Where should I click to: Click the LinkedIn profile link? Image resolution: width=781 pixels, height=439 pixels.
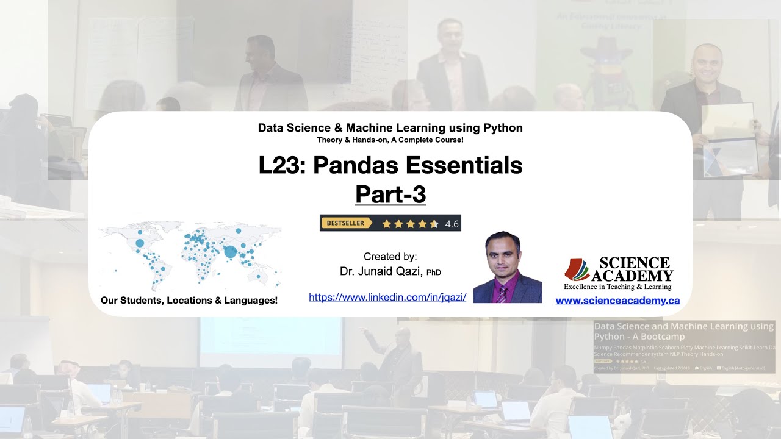pos(387,298)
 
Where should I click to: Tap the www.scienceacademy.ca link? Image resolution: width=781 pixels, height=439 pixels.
pos(617,301)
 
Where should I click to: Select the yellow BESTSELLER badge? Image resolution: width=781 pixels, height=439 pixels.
pos(345,223)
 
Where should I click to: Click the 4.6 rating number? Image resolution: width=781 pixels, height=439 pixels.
pos(452,224)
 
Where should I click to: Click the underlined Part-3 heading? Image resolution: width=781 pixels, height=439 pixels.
pos(390,195)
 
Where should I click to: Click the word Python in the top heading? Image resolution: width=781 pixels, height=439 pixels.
pos(500,128)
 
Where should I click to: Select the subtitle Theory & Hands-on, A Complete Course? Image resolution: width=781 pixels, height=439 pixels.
pos(390,140)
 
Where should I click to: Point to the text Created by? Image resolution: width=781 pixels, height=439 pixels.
pos(390,257)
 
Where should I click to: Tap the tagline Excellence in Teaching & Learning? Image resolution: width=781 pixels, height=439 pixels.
pos(617,287)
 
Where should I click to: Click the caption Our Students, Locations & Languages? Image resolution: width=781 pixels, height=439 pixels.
pos(189,301)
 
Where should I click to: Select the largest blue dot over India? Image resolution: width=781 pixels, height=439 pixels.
pos(230,251)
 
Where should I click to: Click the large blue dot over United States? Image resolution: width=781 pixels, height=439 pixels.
pos(140,243)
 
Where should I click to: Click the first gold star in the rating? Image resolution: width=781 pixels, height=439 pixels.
pos(386,224)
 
